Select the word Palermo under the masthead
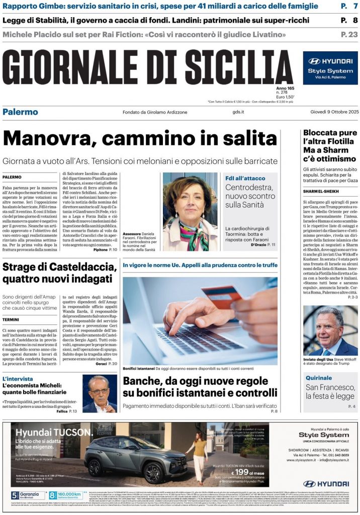point(20,112)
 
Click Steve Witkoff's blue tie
point(326,348)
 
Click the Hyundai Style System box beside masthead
point(330,68)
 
